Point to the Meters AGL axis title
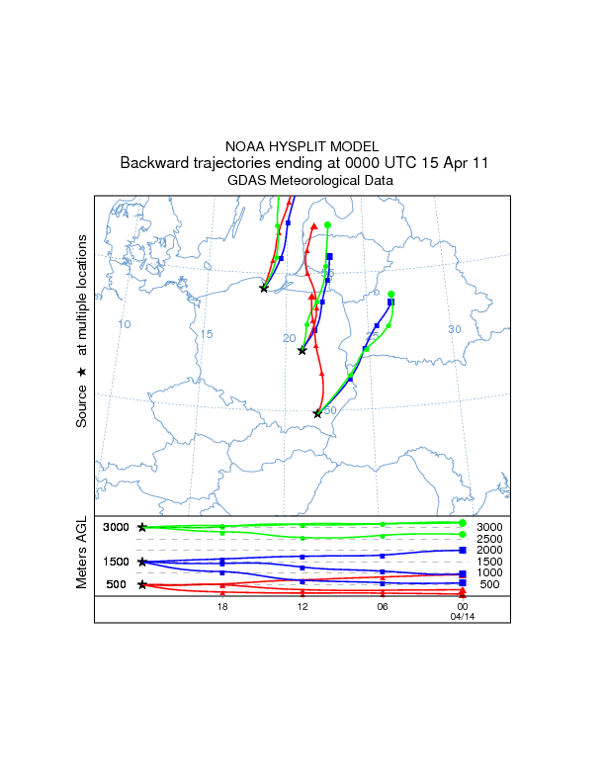tap(82, 553)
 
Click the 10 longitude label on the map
tap(125, 324)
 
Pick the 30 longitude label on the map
tap(455, 329)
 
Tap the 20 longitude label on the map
tap(290, 338)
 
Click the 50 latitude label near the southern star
tap(330, 410)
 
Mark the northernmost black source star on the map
tap(264, 288)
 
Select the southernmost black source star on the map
tap(317, 414)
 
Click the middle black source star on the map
tap(302, 351)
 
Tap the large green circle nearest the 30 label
tap(391, 295)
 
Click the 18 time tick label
tap(222, 606)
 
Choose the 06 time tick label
tap(383, 606)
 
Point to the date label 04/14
tap(462, 617)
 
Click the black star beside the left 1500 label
tap(142, 562)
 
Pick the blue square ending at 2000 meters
tap(463, 550)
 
